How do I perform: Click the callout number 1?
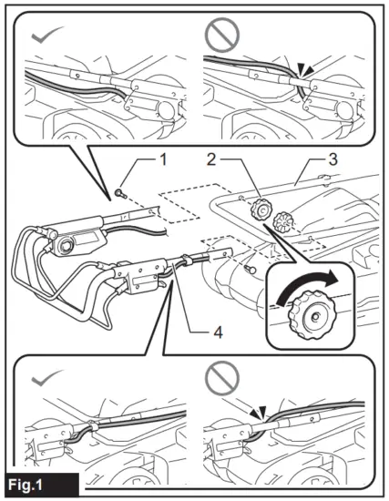tap(163, 159)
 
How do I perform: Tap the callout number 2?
tap(211, 159)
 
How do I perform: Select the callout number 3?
tap(333, 159)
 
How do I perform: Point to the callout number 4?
tap(218, 332)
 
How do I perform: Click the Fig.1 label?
tap(26, 485)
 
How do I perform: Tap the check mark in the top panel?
tap(46, 35)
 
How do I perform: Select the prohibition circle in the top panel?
tap(222, 35)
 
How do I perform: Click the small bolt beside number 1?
tap(120, 193)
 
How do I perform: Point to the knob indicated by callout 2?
tap(261, 210)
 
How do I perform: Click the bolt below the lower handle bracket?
tap(250, 270)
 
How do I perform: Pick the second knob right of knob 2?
tap(282, 221)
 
